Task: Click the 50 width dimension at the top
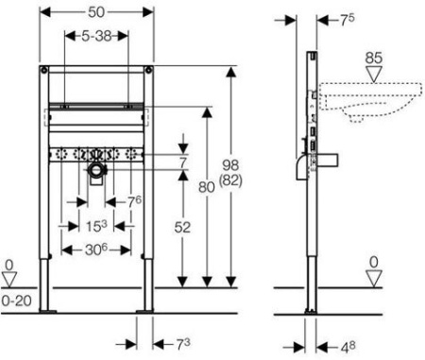click(96, 12)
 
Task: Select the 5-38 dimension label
click(96, 36)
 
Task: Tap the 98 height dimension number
click(230, 165)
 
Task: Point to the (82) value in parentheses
click(230, 180)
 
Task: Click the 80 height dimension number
click(207, 187)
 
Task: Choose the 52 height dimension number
click(182, 228)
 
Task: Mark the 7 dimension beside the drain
click(183, 163)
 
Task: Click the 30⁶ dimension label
click(96, 249)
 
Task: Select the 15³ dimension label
click(96, 226)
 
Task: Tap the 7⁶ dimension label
click(134, 202)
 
